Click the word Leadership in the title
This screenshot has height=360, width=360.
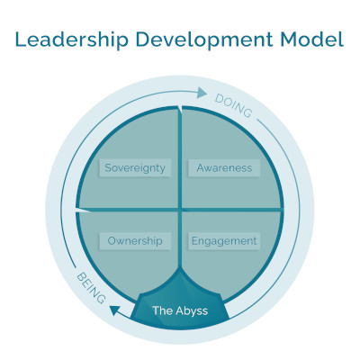tap(72, 40)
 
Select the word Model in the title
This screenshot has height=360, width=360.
tap(312, 39)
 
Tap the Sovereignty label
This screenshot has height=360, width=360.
tap(135, 168)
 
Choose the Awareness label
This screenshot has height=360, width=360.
tap(224, 167)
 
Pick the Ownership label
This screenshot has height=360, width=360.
tap(135, 241)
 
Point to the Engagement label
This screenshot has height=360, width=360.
tap(224, 241)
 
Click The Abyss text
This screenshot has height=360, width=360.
tap(180, 310)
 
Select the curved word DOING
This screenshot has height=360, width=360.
tap(234, 106)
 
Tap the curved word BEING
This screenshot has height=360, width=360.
tap(91, 288)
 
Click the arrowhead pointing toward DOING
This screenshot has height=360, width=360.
tap(202, 93)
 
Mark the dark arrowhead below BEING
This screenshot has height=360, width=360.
tap(115, 310)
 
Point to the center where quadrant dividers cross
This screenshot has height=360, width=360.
tap(180, 209)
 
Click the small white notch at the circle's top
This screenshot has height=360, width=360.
tap(180, 109)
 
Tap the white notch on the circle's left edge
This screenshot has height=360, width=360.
tap(83, 211)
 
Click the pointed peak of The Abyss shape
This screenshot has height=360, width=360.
tap(180, 268)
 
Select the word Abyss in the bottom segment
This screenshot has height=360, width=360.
tap(192, 311)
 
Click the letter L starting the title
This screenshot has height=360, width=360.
tap(21, 39)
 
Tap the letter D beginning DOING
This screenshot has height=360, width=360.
tap(219, 99)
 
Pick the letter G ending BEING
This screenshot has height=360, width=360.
tap(102, 299)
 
